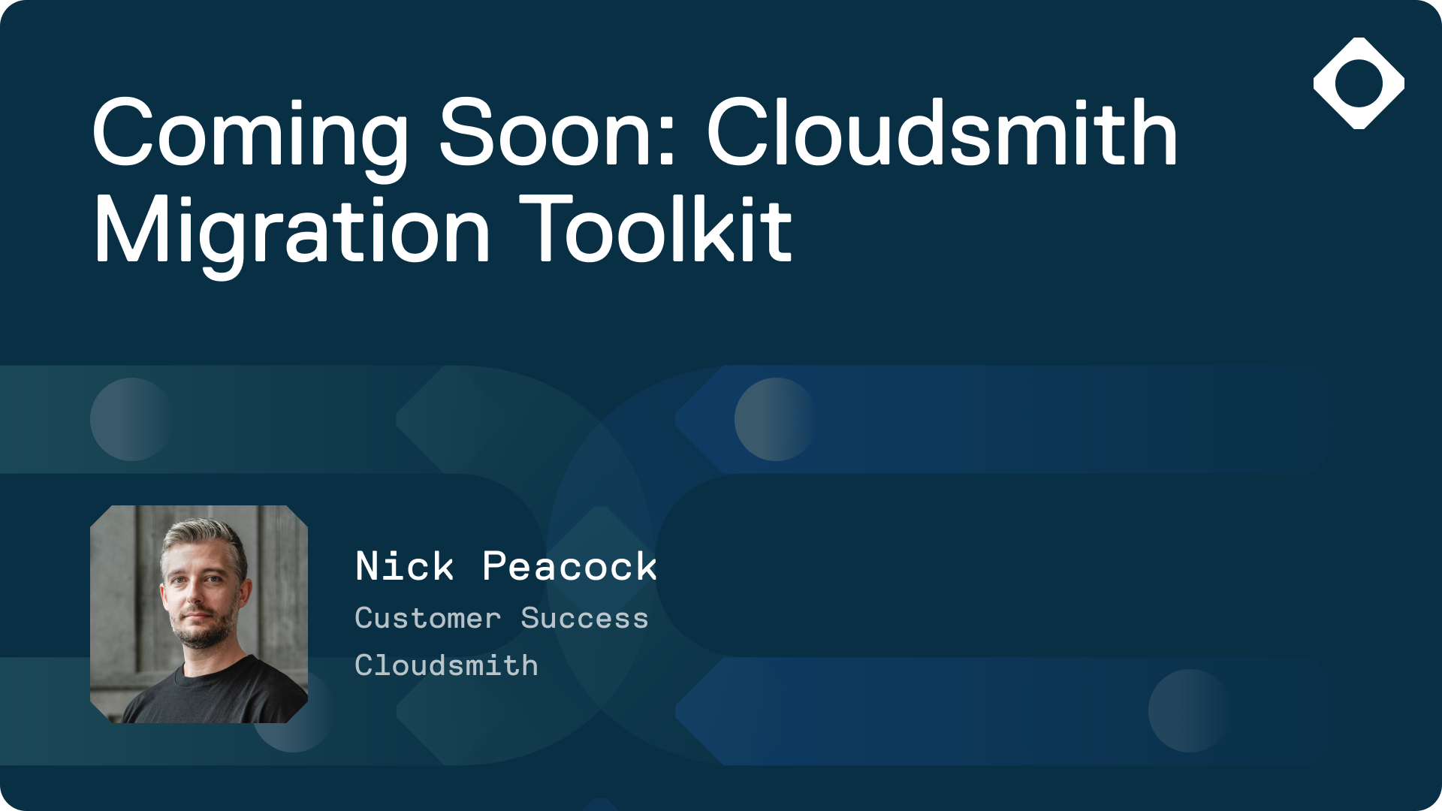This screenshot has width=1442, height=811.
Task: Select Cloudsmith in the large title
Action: [943, 131]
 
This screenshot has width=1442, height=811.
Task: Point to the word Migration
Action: [292, 234]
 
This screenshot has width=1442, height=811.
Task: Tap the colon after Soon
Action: [668, 140]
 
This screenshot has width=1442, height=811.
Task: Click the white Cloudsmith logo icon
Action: [1359, 83]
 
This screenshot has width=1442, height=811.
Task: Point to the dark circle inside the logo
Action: [1359, 83]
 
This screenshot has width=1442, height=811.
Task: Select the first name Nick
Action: [405, 566]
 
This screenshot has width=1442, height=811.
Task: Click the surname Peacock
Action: [570, 566]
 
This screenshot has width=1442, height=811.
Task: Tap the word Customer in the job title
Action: [427, 618]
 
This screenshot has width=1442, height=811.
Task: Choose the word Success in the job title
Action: [584, 618]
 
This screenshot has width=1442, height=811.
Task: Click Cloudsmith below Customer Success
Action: [446, 665]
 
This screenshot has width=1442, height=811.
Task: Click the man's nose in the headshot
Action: [196, 594]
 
